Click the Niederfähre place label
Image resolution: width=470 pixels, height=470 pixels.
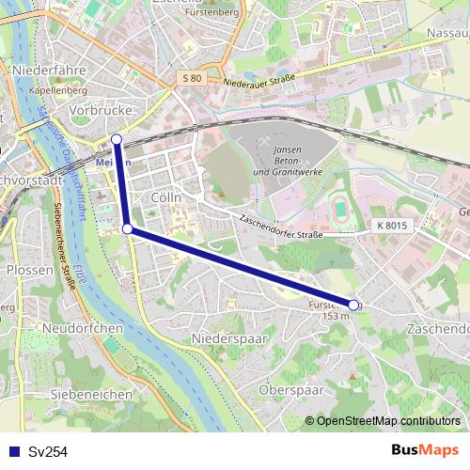[x=51, y=70]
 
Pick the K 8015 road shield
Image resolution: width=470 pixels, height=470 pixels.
[x=394, y=226]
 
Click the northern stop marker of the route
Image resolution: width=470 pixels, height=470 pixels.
[x=117, y=140]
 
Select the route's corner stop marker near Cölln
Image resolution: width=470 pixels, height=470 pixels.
[x=127, y=228]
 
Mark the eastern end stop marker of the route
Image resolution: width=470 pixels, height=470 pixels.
[x=353, y=305]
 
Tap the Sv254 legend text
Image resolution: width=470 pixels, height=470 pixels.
[x=48, y=452]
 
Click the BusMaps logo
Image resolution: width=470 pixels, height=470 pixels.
[x=426, y=450]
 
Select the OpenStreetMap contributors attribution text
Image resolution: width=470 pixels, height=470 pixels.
[x=387, y=420]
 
